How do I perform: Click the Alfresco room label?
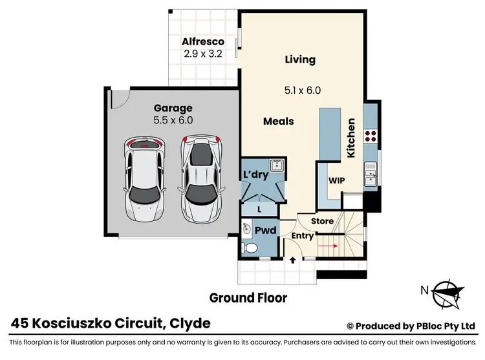click(202, 41)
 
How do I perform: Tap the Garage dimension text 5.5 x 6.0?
click(173, 120)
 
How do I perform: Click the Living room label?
click(301, 59)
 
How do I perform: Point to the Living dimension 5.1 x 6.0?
click(303, 90)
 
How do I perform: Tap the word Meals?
click(279, 121)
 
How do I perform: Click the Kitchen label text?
click(351, 138)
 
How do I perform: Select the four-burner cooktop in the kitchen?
click(372, 136)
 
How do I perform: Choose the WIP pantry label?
click(336, 181)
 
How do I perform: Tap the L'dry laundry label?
click(255, 176)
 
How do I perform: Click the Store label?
click(322, 221)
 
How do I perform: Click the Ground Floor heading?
click(248, 298)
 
